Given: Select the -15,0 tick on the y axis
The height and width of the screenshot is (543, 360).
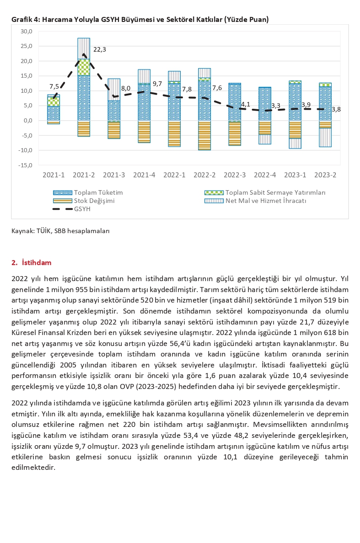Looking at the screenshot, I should pyautogui.click(x=26, y=165).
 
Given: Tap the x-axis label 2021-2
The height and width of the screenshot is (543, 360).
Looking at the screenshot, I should pyautogui.click(x=83, y=175).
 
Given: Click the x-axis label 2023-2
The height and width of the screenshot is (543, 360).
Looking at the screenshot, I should pyautogui.click(x=325, y=175).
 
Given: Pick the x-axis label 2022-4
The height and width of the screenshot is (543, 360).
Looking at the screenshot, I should pyautogui.click(x=264, y=175).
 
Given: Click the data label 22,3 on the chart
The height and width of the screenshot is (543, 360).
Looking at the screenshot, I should pyautogui.click(x=99, y=49).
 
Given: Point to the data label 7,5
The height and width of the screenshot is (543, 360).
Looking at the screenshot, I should pyautogui.click(x=54, y=87).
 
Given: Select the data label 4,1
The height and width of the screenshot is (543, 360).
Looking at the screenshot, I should pyautogui.click(x=245, y=104).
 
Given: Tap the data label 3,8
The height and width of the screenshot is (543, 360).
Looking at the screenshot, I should pyautogui.click(x=336, y=109).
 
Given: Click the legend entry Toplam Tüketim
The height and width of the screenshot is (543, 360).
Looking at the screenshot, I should pyautogui.click(x=98, y=192).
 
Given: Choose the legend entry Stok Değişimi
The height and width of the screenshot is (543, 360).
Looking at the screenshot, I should pyautogui.click(x=94, y=201).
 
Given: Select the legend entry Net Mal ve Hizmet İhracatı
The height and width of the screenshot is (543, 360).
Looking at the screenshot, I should pyautogui.click(x=265, y=201).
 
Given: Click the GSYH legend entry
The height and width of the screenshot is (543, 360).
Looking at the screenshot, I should pyautogui.click(x=82, y=209).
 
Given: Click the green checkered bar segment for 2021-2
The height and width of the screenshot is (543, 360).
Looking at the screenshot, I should pyautogui.click(x=83, y=67).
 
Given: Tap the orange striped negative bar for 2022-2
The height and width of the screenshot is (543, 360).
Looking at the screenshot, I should pyautogui.click(x=204, y=135).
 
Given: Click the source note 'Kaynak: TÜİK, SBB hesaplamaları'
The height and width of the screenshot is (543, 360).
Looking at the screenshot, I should pyautogui.click(x=60, y=231).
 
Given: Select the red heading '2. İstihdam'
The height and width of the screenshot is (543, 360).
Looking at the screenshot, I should pyautogui.click(x=32, y=262).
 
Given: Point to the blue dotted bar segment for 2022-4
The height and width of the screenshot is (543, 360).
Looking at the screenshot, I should pyautogui.click(x=264, y=104).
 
